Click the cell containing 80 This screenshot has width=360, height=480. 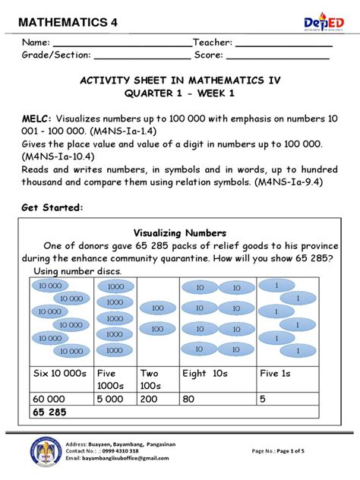189,398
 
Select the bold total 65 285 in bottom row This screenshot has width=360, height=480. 50,412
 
